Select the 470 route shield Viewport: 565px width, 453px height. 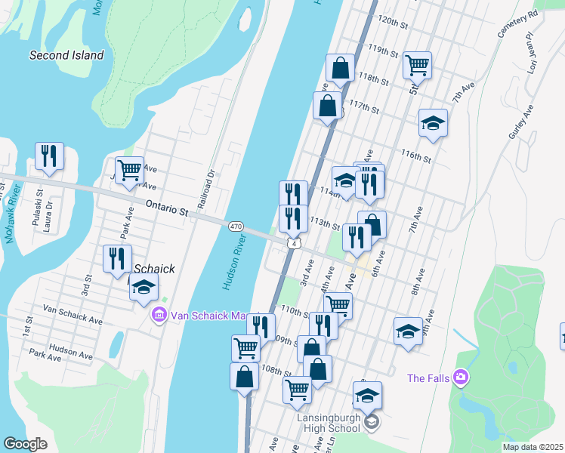(236, 226)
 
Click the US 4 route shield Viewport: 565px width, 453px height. (294, 243)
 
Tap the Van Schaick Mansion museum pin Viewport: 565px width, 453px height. (159, 314)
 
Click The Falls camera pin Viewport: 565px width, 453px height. (460, 377)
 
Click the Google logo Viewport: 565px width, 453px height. (25, 443)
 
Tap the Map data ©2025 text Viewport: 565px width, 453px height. (532, 447)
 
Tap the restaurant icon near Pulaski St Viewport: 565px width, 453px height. (49, 156)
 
